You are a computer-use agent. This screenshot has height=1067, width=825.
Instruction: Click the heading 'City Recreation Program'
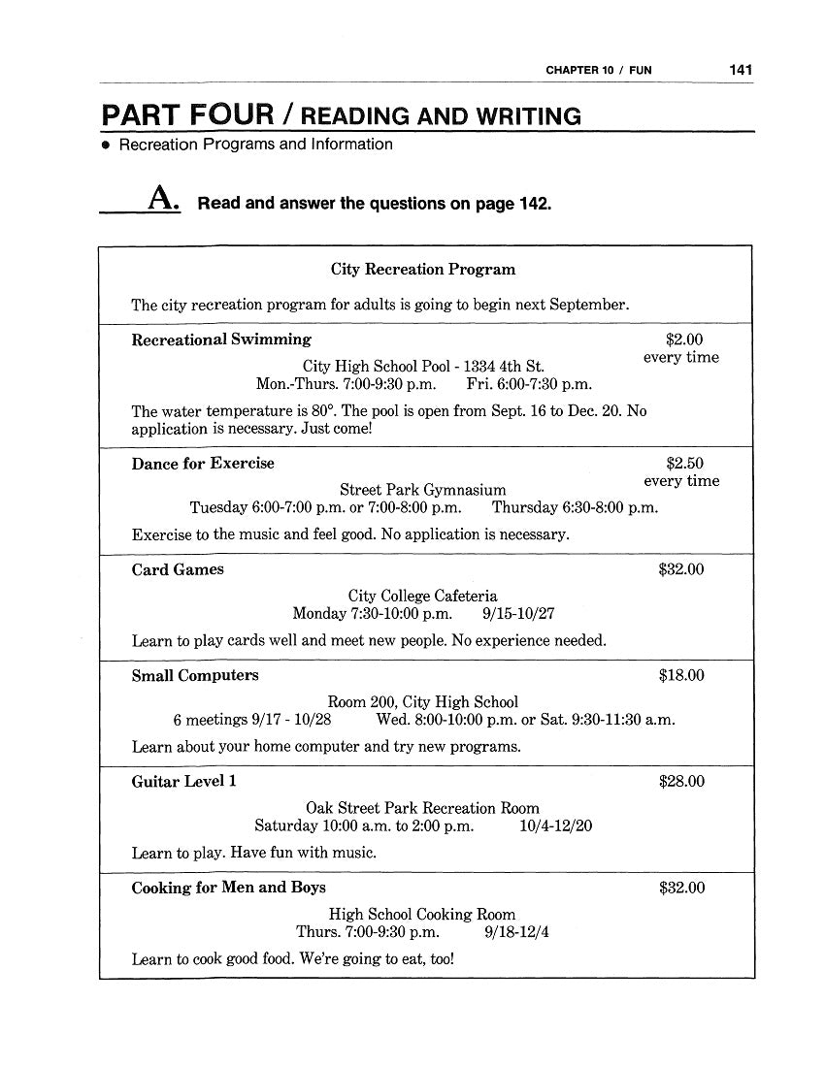423,270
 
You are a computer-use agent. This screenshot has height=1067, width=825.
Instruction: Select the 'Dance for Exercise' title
203,464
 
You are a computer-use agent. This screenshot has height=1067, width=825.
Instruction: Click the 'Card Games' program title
178,570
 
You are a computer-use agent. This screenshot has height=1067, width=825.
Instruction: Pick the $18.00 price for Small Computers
681,676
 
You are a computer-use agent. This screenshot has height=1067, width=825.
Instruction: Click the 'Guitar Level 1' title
183,782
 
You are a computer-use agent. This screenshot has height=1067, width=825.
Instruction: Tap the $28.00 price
681,782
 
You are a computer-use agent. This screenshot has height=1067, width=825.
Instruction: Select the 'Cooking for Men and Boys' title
229,888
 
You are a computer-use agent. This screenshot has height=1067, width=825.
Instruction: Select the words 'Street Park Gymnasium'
422,491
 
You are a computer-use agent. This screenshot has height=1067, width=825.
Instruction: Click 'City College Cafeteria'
422,597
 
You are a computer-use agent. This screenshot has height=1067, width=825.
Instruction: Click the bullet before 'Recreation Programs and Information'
107,145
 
